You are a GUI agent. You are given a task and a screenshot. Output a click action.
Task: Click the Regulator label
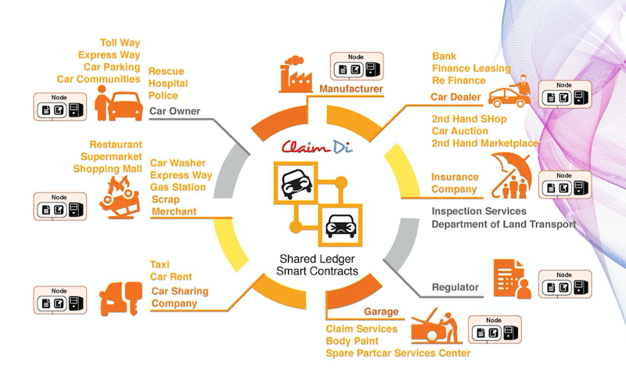coord(455,288)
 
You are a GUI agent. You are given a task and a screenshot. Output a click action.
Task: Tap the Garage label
coord(381,311)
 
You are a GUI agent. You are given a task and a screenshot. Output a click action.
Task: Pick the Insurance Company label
coord(455,183)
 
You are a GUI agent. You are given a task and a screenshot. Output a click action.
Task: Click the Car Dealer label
coord(455,97)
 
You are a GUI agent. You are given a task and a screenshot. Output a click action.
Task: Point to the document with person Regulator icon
coord(512,278)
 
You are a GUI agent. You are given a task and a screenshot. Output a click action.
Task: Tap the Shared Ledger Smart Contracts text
coord(317,264)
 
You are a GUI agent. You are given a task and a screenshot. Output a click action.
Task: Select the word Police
coord(163,95)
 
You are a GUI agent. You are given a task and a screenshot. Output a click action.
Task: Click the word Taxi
coord(160,265)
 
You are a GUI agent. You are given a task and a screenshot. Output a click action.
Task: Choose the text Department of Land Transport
coord(503,224)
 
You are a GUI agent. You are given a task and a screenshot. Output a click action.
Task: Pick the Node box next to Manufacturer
coord(357,66)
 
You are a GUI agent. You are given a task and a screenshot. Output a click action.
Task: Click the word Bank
coord(444,56)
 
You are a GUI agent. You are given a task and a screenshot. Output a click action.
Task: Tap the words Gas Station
coord(178,188)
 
